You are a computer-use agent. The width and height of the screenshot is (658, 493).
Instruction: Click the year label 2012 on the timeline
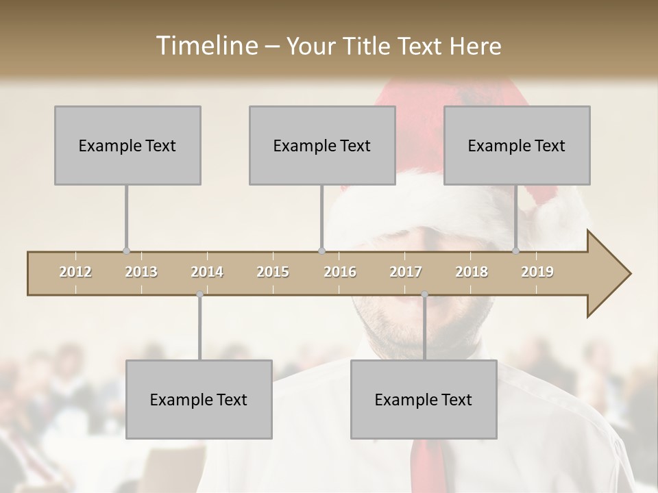pos(75,272)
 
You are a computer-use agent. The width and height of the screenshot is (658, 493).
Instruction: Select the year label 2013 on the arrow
pos(141,272)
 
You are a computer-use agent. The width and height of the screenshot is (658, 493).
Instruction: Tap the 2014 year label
pos(207,272)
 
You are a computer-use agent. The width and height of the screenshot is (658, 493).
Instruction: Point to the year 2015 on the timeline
pos(273,272)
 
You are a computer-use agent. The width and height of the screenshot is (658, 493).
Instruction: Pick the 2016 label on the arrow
pos(340,272)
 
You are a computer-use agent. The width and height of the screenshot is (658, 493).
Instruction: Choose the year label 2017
pos(406,272)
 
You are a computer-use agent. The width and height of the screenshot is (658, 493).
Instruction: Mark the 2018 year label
pos(472,272)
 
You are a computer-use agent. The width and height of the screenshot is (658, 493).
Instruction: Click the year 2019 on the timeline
pos(537,272)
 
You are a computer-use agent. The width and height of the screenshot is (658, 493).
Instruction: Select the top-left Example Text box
pos(127,145)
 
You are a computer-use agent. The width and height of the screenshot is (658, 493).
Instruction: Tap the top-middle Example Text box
pos(322,145)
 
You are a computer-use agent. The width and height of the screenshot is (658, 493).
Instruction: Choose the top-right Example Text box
pos(517,145)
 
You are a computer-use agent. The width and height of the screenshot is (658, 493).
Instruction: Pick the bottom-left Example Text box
pos(199,399)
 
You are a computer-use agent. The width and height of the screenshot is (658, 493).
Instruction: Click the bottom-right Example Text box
pos(424,399)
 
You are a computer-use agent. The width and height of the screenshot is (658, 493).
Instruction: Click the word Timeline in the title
pos(205,46)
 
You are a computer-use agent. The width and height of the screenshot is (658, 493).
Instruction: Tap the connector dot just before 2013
pos(126,251)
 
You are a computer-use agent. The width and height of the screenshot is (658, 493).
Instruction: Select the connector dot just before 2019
pos(516,251)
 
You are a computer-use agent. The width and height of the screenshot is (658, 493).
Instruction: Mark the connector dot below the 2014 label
pos(199,294)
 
